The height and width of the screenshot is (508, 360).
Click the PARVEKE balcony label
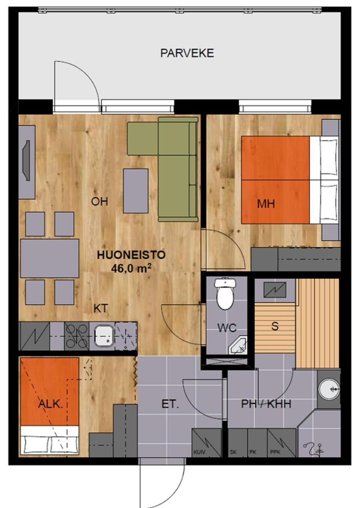[187, 53]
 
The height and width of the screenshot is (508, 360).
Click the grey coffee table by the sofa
[136, 191]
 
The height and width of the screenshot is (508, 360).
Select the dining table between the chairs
[50, 258]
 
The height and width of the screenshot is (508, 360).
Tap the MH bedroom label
[266, 204]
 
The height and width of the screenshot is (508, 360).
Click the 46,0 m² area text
[131, 268]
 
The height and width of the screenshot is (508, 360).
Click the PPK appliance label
[275, 452]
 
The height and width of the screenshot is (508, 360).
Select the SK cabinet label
[233, 452]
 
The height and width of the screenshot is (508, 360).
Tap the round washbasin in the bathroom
[329, 389]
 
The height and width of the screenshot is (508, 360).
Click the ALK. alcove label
[50, 404]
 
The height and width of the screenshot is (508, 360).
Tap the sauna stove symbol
[275, 290]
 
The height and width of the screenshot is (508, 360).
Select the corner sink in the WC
[238, 345]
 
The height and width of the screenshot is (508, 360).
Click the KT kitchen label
[100, 309]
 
